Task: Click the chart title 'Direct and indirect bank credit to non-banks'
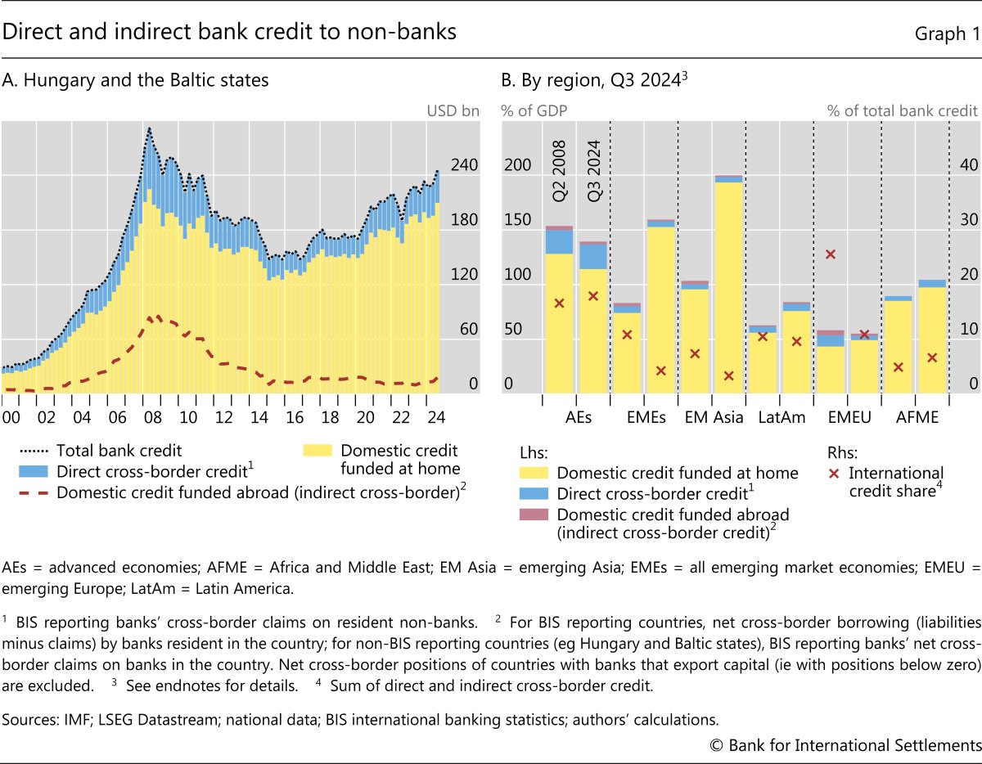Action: click(x=230, y=32)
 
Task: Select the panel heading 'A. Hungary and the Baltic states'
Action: click(x=136, y=81)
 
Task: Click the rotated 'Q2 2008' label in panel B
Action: click(x=558, y=163)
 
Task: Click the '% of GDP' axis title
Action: click(x=534, y=110)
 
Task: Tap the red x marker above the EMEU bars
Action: click(x=830, y=254)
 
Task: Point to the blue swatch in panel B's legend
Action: click(x=534, y=493)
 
